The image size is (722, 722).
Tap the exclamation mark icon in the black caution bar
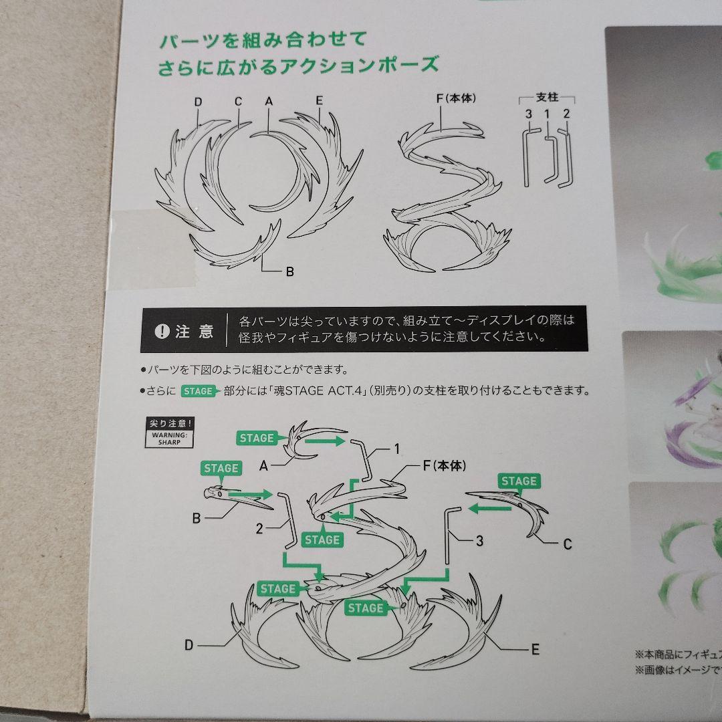coord(162,332)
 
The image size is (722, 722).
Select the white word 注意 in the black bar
coord(194,332)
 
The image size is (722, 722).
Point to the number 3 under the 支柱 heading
coord(528,114)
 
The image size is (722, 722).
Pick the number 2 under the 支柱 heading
coord(566,114)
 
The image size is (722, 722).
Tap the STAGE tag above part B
coord(221,468)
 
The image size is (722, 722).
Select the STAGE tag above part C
coord(519,481)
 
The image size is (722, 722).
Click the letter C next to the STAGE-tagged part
coord(567,545)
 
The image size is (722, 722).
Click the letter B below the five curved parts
coord(289,272)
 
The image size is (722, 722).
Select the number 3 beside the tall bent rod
coord(479,541)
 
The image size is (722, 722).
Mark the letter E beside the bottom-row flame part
coord(535,648)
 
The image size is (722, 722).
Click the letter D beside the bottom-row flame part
coord(189,644)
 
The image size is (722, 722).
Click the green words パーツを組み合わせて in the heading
coord(262,40)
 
